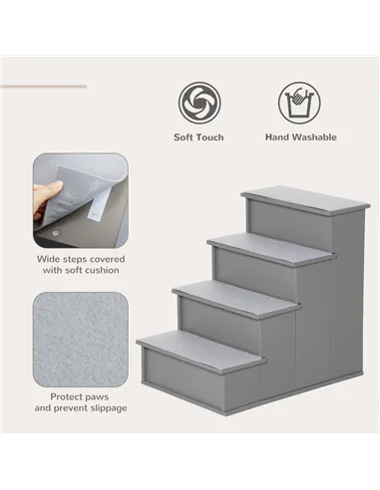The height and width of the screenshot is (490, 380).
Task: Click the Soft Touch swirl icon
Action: [x=198, y=102]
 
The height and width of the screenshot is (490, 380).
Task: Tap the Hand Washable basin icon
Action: [x=296, y=102]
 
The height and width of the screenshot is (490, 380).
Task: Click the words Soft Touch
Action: [x=198, y=137]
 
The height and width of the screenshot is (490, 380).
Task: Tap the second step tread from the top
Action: [x=269, y=247]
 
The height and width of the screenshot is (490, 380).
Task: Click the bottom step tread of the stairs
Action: [x=199, y=349]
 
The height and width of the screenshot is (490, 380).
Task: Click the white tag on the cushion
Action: [x=99, y=206]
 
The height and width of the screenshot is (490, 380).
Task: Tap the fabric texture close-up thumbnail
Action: [x=80, y=335]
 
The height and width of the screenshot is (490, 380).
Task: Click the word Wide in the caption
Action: [x=49, y=258]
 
